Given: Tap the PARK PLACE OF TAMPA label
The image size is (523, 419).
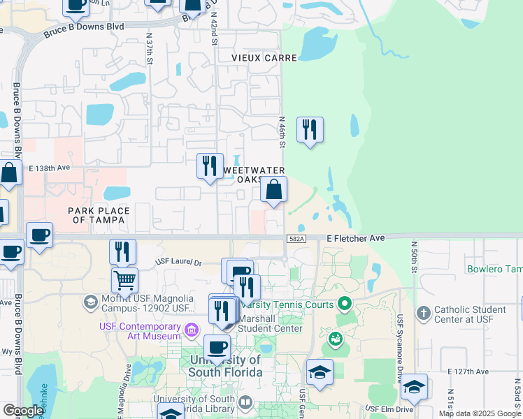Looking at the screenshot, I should coord(99,215).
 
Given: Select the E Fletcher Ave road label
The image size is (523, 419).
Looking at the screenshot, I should coord(356,239).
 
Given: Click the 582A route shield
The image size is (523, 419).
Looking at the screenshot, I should coord(296,239).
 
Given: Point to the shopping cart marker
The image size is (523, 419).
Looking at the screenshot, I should coord(124,280).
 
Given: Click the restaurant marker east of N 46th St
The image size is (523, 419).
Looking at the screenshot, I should coord(310,130).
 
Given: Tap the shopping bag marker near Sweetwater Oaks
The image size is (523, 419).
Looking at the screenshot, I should coord(273,189).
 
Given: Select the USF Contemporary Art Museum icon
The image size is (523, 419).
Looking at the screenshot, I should coord(191,328).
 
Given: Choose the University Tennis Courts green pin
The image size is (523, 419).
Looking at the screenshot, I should coord(344,304).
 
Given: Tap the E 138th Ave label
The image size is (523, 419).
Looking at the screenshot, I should coord(50,168).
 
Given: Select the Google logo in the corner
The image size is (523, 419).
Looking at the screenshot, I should coord(22,411).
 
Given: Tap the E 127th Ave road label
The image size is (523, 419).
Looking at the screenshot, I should coord(468,372).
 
